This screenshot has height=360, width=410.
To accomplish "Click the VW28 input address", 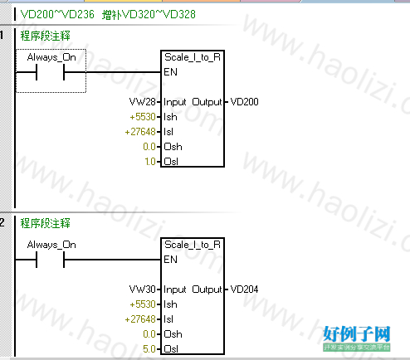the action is coord(143,102).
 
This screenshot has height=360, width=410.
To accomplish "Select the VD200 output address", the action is coord(244,102).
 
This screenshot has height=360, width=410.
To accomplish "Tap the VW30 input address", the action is coord(143,289).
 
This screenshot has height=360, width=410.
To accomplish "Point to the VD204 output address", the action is coord(244,289).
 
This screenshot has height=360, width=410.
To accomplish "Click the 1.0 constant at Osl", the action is coord(150,162).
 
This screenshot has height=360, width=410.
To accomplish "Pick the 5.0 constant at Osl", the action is coord(149,349).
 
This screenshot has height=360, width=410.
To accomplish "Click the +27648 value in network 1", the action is coord(140,132).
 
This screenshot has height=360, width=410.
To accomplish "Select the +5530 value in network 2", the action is coord(143,304).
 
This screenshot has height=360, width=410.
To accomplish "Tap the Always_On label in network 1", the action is coord(51,57).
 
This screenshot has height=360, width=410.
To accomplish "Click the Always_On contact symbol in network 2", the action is coord(50,260).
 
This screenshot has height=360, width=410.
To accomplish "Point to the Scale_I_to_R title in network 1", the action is coord(193,57).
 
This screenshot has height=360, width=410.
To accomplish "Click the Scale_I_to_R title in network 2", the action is coord(193,245).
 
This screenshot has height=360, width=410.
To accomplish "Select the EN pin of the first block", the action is coord(170,72).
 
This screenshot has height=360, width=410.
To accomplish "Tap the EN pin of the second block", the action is coord(170,260).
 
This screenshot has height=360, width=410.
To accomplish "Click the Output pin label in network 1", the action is coord(207,102).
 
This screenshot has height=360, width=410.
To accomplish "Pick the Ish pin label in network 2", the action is coord(170,304).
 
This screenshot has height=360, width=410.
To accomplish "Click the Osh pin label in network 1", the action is coord(173,147).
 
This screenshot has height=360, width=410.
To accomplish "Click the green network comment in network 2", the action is coord(46,223).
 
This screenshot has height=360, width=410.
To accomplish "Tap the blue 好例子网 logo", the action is coord(357,334).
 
